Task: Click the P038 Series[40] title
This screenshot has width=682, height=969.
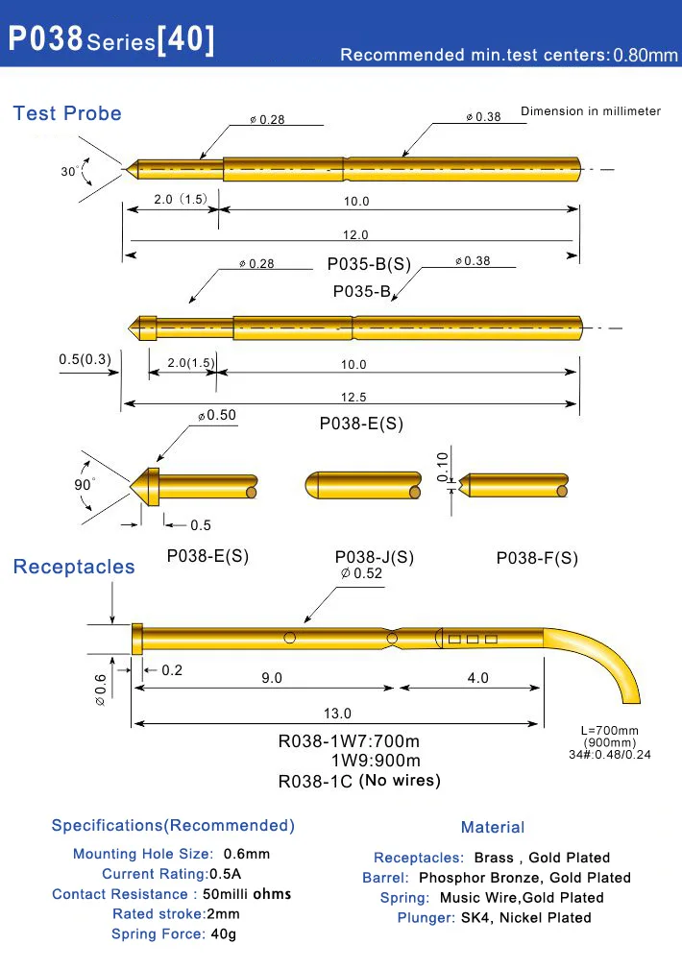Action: [111, 40]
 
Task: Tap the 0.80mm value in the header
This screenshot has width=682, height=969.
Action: [645, 55]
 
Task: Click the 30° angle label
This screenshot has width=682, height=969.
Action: [69, 171]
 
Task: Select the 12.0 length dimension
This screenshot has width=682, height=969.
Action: [355, 234]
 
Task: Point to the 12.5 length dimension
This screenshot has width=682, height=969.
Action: [353, 397]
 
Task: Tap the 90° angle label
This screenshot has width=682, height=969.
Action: [85, 485]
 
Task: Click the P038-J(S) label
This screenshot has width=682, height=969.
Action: [375, 557]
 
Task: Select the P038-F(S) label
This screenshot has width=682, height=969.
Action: [537, 558]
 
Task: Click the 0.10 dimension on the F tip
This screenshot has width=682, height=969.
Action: [442, 465]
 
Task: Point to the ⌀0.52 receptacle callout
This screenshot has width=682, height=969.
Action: [361, 573]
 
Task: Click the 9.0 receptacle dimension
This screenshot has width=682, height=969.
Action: [272, 678]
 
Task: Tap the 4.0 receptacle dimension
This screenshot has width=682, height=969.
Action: [477, 678]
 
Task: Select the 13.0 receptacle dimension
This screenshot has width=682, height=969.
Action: [338, 714]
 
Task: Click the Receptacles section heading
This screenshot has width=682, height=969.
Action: [74, 567]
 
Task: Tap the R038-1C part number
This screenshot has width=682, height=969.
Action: [315, 782]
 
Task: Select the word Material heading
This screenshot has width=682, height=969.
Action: [493, 827]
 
